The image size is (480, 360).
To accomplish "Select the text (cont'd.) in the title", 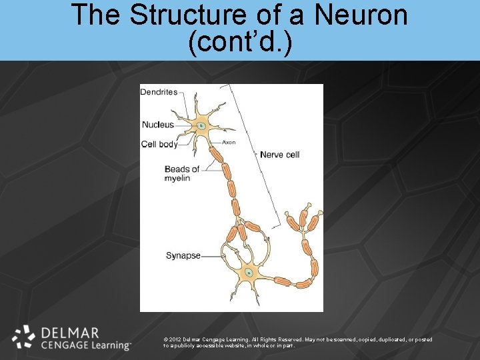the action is [x=240, y=42].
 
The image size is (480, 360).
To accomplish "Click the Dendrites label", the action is [x=159, y=92].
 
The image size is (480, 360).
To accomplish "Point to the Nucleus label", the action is [x=158, y=125].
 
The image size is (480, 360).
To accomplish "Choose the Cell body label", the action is [x=159, y=144].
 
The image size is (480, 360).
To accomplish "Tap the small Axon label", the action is [x=229, y=142].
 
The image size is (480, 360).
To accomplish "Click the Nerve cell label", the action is [x=279, y=155].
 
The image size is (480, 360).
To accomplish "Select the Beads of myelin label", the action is [x=182, y=173].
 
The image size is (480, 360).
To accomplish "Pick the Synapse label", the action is [x=183, y=255].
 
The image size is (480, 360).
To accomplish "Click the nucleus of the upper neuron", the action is [x=201, y=125].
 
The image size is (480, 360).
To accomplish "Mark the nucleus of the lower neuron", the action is [x=249, y=272].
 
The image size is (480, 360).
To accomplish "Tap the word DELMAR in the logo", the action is [x=70, y=333].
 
